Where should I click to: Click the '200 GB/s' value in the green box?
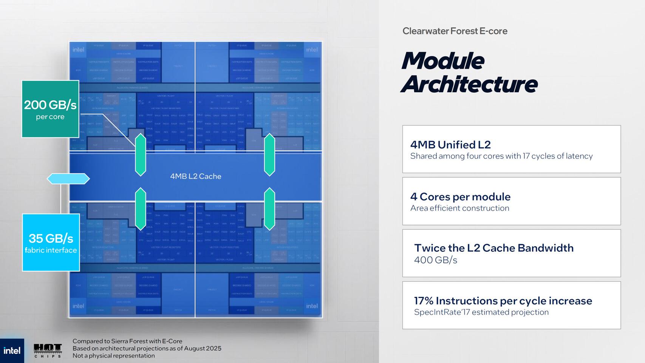(x=50, y=105)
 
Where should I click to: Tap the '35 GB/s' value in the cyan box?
(x=51, y=238)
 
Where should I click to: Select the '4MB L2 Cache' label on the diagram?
(x=196, y=176)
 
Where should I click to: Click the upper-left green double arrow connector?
(x=141, y=155)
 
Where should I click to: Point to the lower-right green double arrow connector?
(x=269, y=209)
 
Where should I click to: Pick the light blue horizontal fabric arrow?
(x=68, y=178)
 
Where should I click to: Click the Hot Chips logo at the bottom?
(x=48, y=351)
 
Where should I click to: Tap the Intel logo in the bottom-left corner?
(x=12, y=351)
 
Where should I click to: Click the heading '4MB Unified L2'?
(x=450, y=144)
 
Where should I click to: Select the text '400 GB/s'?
(x=436, y=260)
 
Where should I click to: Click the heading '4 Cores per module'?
(x=460, y=197)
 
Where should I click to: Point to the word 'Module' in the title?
(x=442, y=60)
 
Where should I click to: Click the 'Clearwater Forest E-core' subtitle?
(x=455, y=31)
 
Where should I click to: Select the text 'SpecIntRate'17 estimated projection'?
(x=481, y=312)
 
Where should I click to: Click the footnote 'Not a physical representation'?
(x=113, y=355)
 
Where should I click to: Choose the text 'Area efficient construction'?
(x=460, y=208)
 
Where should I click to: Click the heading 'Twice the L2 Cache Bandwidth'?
(x=494, y=248)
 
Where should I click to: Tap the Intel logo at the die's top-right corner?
(x=312, y=50)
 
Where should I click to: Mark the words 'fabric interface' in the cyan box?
(x=51, y=250)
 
